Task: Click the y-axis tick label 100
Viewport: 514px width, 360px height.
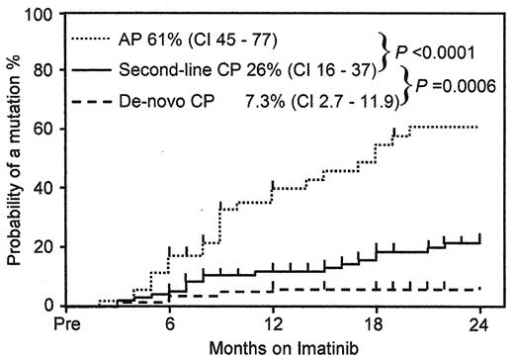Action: coord(36,16)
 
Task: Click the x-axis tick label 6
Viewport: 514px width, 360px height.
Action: coord(169,321)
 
